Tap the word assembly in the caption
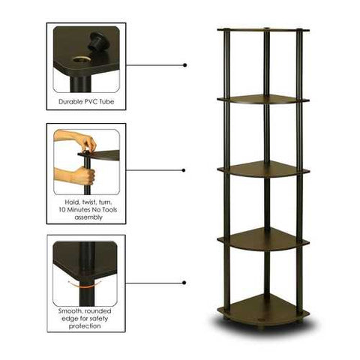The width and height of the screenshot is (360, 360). point(85,220)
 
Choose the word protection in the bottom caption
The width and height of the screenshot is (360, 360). point(85,326)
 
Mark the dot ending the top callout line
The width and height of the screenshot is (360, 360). point(184,65)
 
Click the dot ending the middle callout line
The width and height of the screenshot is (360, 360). point(184,170)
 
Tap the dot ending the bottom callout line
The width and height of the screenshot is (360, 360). point(184,283)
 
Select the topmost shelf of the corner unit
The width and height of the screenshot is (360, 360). point(262,31)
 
